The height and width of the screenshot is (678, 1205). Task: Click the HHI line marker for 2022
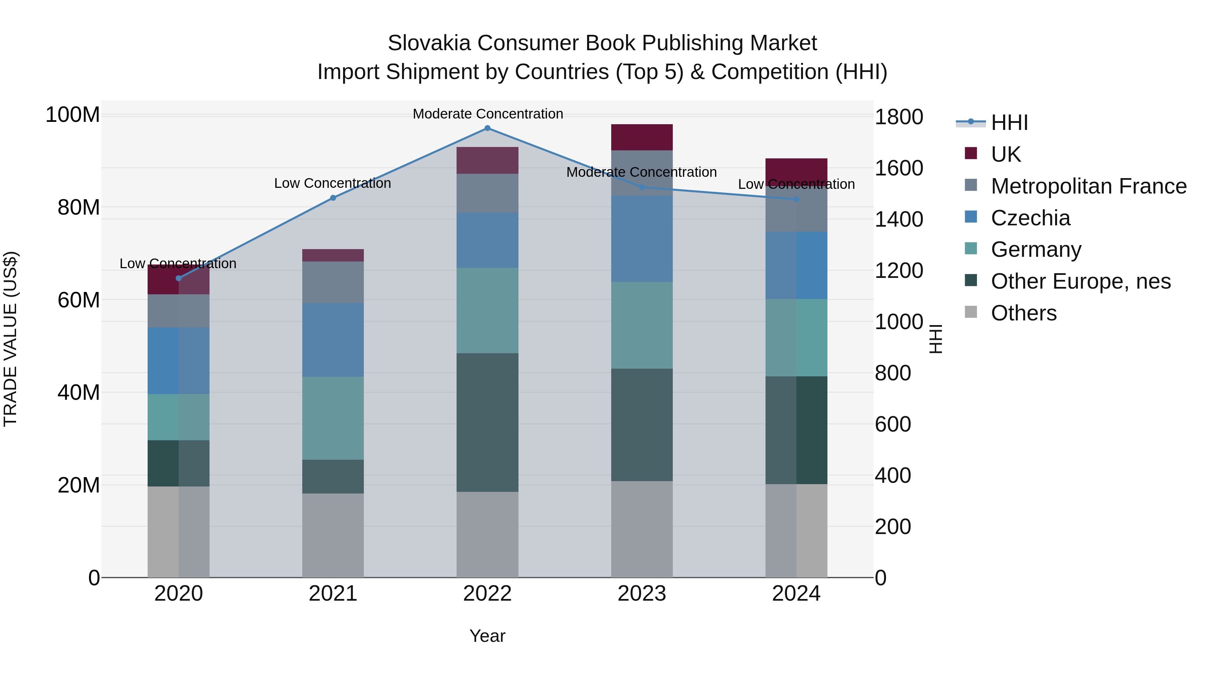(487, 128)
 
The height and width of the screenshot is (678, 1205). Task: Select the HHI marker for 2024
(796, 199)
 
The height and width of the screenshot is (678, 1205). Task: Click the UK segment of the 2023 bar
(642, 137)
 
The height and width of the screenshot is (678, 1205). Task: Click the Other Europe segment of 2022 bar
(487, 422)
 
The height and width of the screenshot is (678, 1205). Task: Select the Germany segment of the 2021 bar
(333, 418)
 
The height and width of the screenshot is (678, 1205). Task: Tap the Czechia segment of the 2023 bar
(642, 239)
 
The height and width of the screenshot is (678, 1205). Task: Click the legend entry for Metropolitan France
(1088, 186)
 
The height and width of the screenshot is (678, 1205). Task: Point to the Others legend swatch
(971, 312)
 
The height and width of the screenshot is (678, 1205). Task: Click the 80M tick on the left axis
(78, 207)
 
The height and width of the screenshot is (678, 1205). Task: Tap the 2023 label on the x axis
(642, 594)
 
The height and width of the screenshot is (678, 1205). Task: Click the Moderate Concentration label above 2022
(487, 114)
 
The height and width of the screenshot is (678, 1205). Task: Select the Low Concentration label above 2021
(333, 183)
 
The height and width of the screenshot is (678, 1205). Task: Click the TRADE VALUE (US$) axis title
(10, 339)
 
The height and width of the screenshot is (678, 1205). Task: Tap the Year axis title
(487, 636)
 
